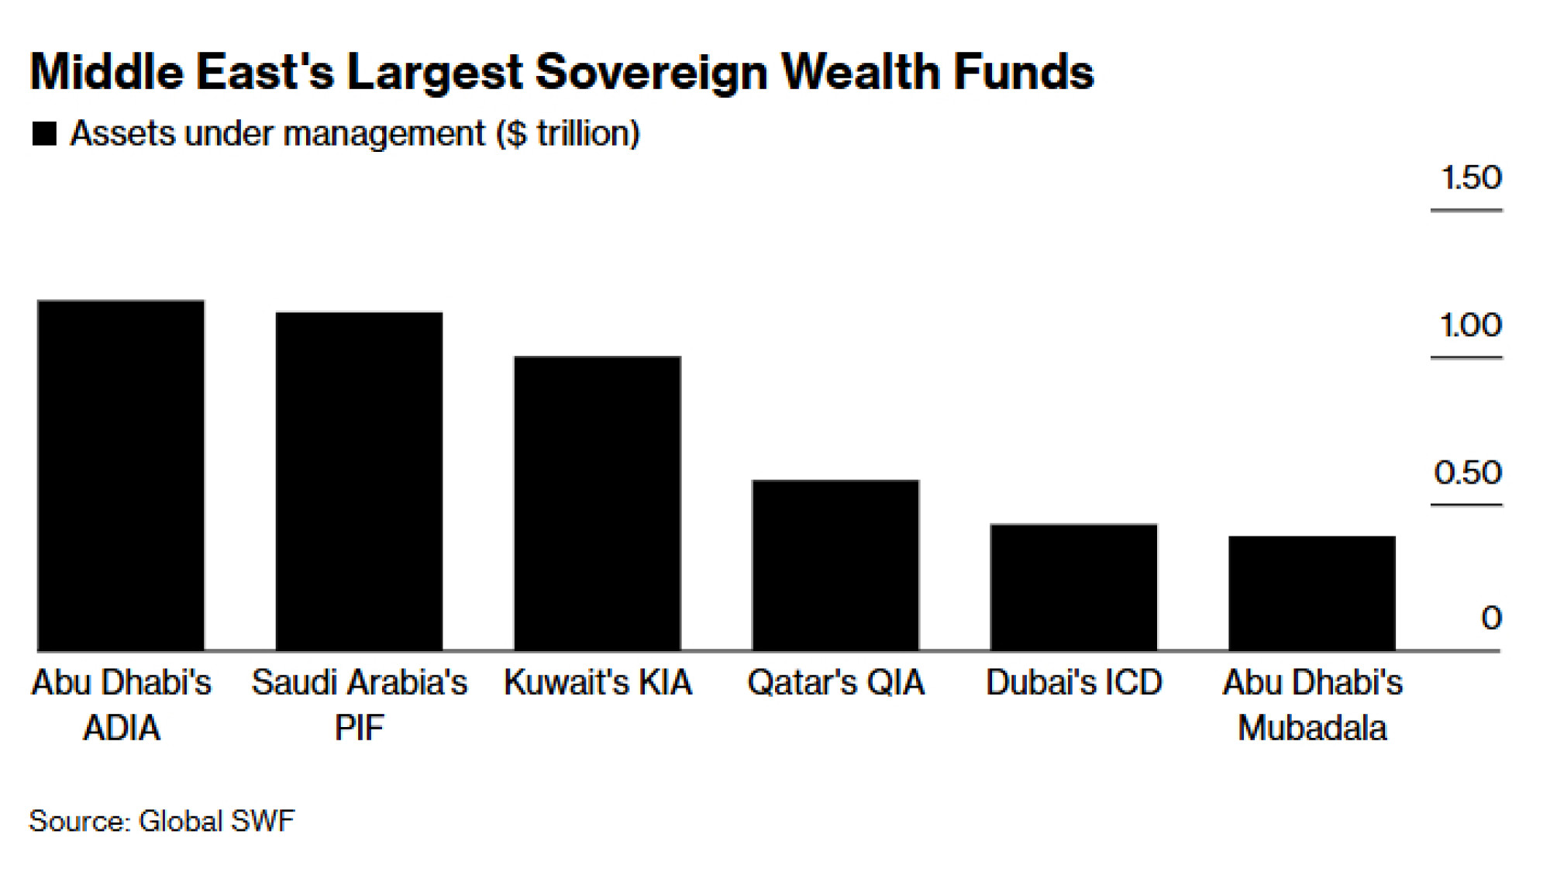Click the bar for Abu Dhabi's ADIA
121,474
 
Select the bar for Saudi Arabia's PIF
359,481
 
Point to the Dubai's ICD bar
1073,587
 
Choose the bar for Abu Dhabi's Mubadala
1311,592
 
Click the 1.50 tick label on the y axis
1470,178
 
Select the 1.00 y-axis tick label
1470,326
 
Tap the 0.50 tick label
1468,473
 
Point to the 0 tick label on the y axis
1491,619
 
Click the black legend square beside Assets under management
45,134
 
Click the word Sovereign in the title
651,72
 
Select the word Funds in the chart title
1023,72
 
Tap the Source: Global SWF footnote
162,821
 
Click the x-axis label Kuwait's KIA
598,683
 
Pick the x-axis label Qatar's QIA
835,683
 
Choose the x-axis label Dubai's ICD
1073,683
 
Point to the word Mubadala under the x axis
1311,729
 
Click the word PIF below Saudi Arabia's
359,729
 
